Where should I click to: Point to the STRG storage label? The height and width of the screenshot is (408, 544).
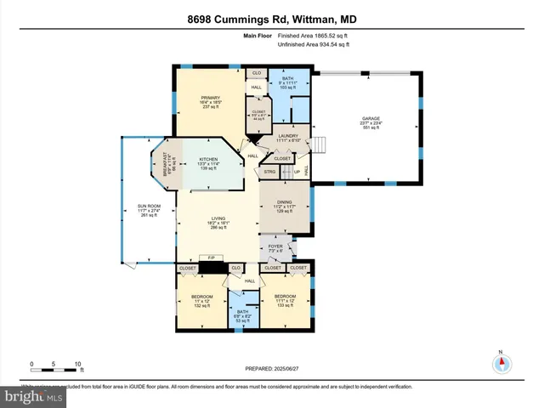pyautogui.click(x=271, y=172)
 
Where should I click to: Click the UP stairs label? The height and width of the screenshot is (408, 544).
pyautogui.click(x=286, y=173)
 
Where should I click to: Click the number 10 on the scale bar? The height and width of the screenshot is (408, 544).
pyautogui.click(x=78, y=364)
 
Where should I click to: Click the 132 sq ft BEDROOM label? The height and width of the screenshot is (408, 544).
pyautogui.click(x=202, y=299)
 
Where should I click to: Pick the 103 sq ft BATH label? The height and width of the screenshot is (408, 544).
pyautogui.click(x=287, y=82)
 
